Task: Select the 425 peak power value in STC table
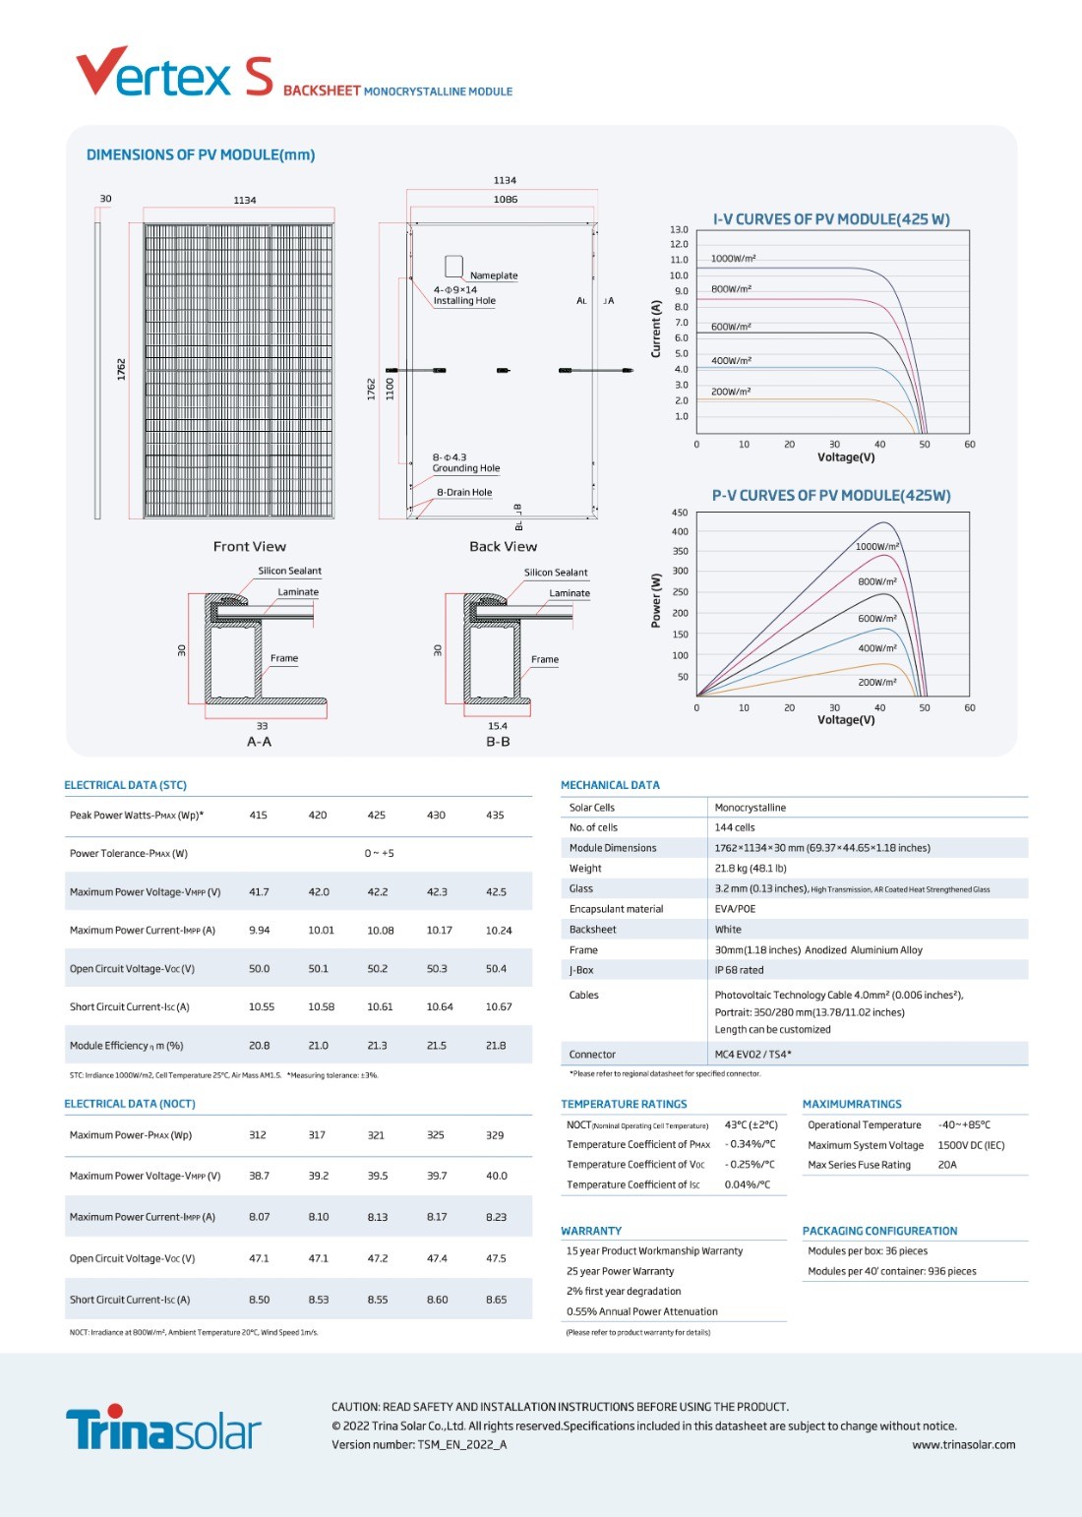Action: [x=376, y=815]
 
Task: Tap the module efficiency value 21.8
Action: [x=495, y=1045]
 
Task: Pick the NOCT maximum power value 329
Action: [x=495, y=1134]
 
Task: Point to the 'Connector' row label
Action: [x=592, y=1054]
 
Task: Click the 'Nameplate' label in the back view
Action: [x=494, y=274]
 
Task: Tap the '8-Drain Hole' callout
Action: [x=464, y=492]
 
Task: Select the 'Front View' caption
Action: [x=249, y=546]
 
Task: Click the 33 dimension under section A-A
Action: [x=262, y=725]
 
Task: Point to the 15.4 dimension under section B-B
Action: [x=498, y=725]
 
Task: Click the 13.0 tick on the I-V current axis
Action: [x=679, y=229]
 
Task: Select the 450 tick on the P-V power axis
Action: [x=679, y=512]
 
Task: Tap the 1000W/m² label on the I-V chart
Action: [x=733, y=258]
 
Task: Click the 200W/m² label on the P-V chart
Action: [x=876, y=682]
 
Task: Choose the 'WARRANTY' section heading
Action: [x=590, y=1231]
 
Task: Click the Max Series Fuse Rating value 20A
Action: [x=946, y=1164]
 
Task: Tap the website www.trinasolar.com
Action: [x=964, y=1444]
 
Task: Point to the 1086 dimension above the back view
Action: [x=506, y=199]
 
